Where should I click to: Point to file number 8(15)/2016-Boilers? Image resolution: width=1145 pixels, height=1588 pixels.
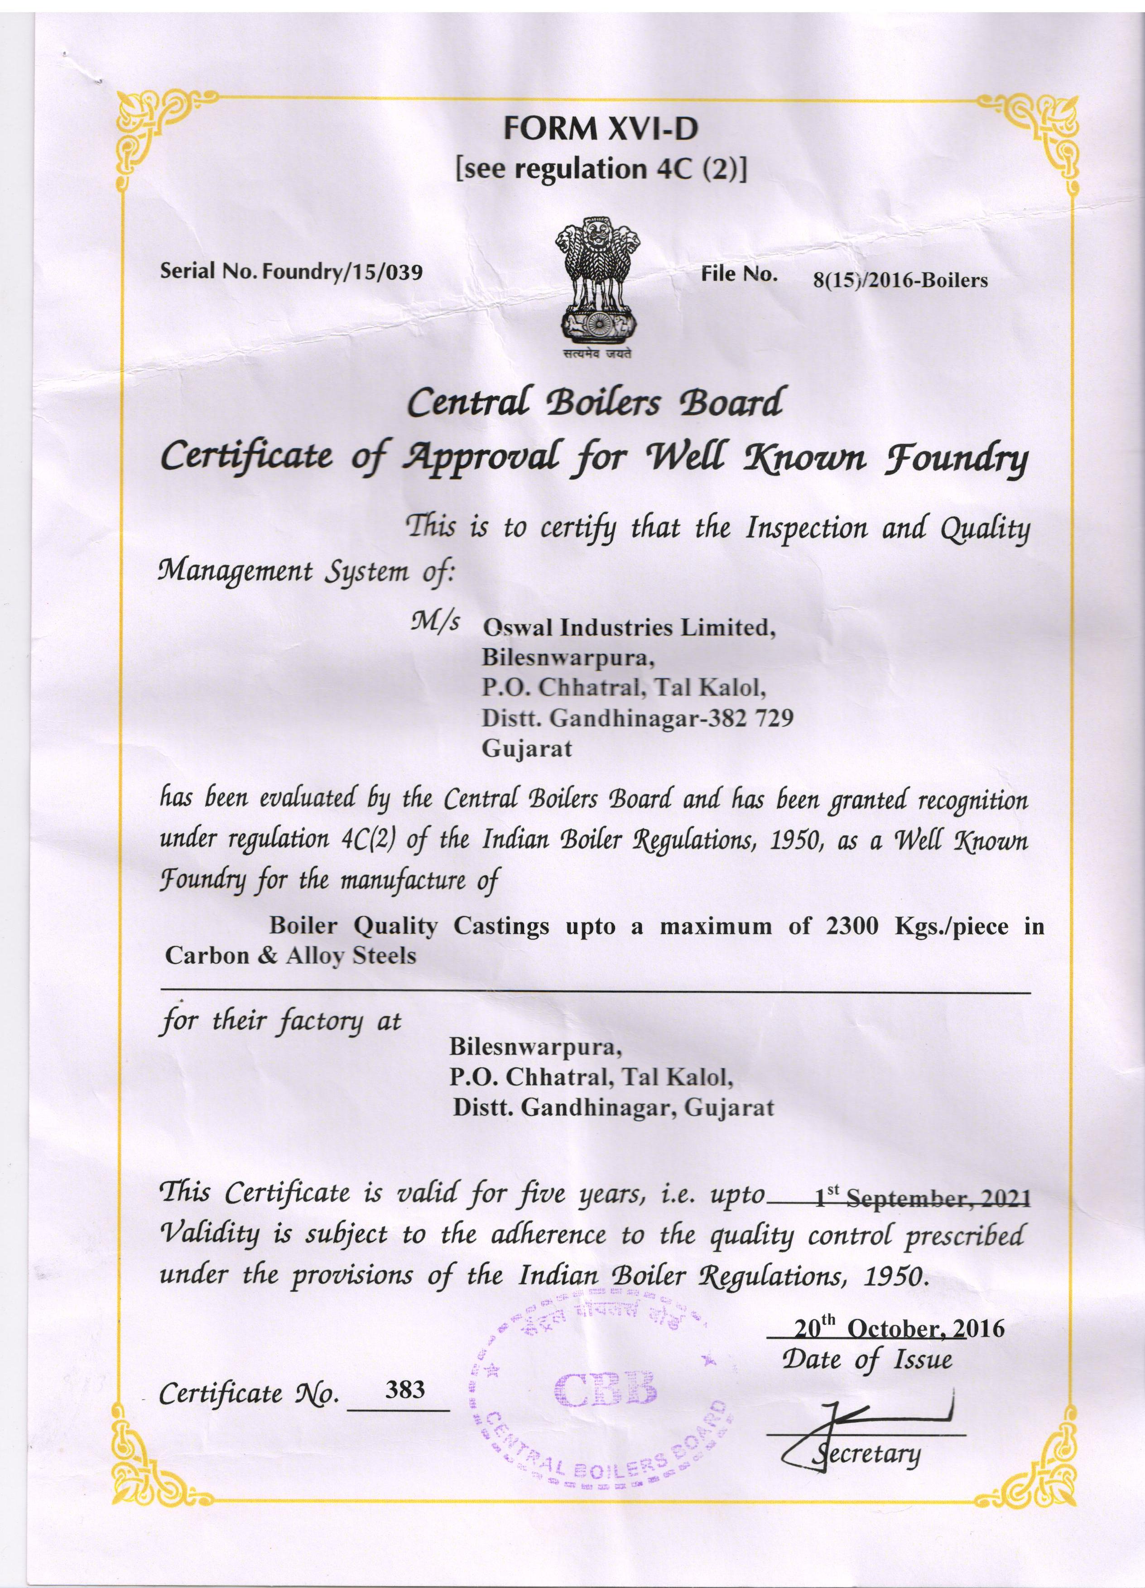[900, 281]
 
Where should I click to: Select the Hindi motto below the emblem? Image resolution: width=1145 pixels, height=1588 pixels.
[595, 354]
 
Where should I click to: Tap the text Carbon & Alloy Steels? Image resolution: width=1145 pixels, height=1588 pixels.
[291, 956]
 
